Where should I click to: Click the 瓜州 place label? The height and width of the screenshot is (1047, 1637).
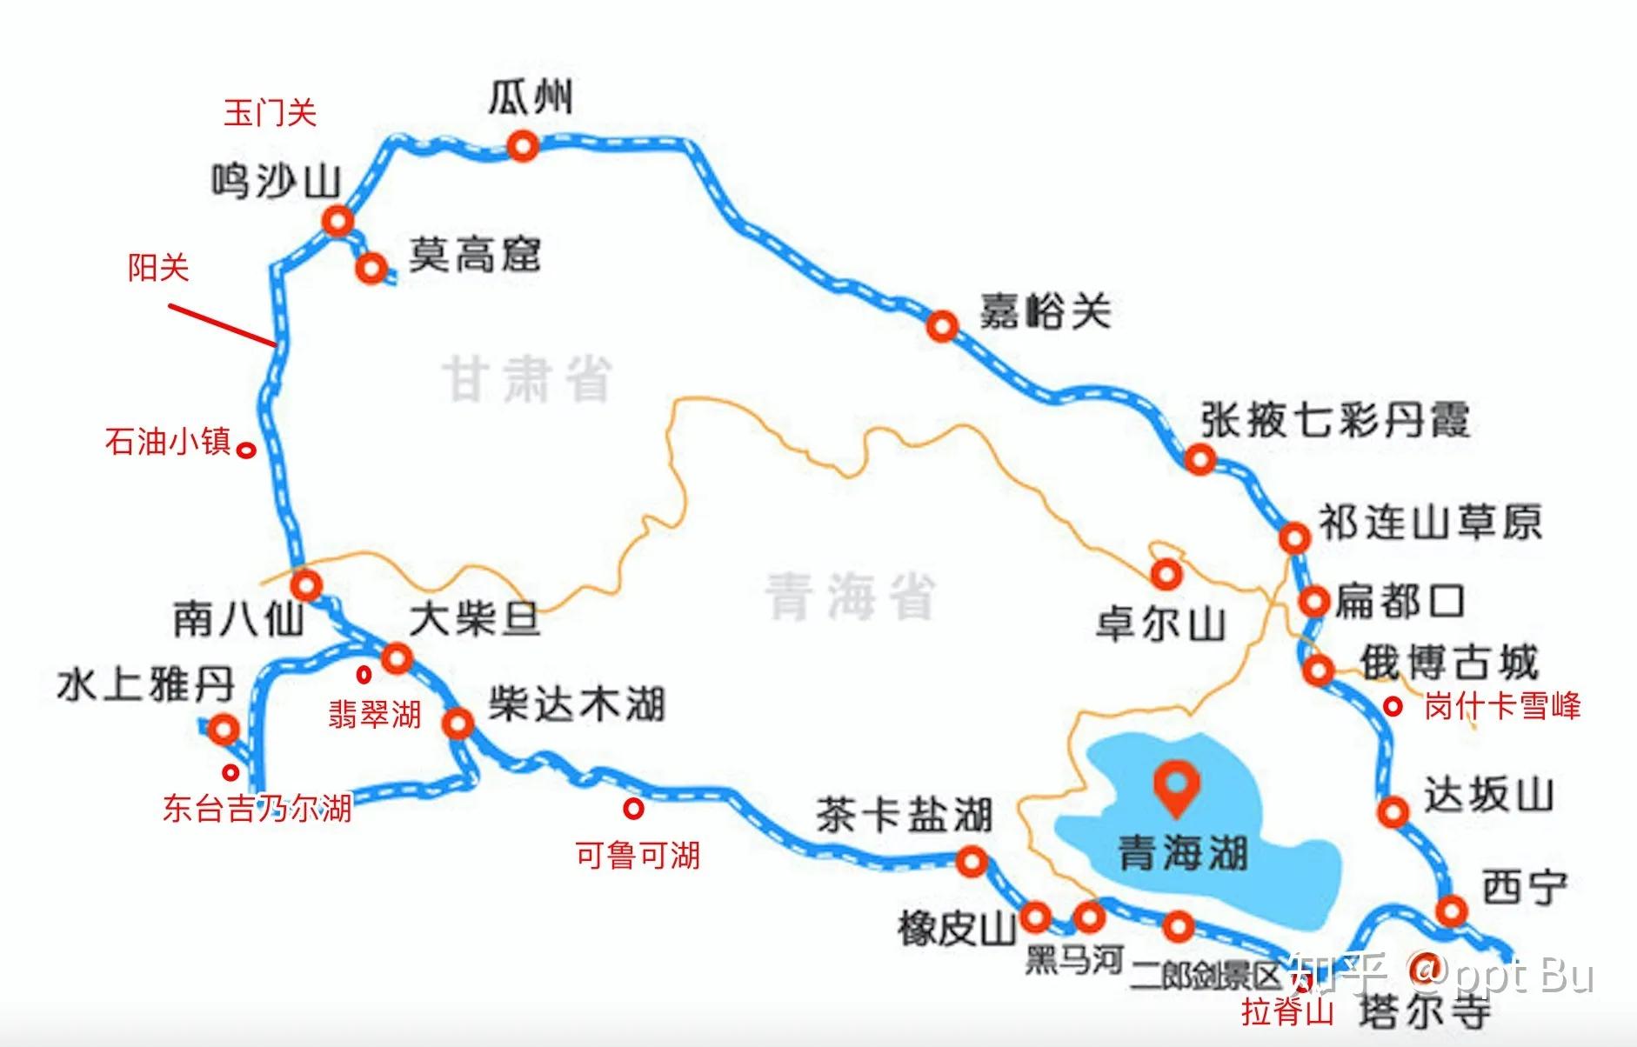pos(530,97)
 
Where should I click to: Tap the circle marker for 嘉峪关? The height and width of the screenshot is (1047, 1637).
pos(942,327)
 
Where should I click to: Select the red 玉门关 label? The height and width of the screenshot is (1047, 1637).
pos(270,113)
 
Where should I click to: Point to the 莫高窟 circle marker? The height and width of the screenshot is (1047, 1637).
pos(371,268)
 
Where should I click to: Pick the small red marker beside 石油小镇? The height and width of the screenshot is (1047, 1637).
pos(247,450)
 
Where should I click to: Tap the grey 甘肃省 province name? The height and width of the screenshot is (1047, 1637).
pos(528,380)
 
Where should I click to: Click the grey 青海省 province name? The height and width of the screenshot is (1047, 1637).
pos(850,597)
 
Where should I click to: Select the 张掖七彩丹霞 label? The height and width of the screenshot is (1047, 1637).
pos(1334,420)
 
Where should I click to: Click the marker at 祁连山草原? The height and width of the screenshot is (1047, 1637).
pos(1294,537)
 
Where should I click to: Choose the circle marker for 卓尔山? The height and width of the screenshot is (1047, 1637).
pos(1166,574)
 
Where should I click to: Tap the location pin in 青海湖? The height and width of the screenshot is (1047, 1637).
pos(1176,786)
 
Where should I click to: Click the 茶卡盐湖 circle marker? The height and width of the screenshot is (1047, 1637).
pos(972,862)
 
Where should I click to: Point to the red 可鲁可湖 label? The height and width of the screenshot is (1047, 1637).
pos(638,856)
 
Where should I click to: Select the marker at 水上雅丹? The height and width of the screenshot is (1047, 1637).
pos(224,729)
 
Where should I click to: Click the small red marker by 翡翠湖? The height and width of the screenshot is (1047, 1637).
pos(364,674)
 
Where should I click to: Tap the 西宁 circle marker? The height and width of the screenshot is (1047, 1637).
pos(1451,910)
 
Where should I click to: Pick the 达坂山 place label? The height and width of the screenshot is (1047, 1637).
pos(1488,796)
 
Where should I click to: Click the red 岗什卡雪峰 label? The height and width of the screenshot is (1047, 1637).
pos(1501,706)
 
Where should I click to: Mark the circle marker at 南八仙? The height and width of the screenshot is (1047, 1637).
pos(305,584)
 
